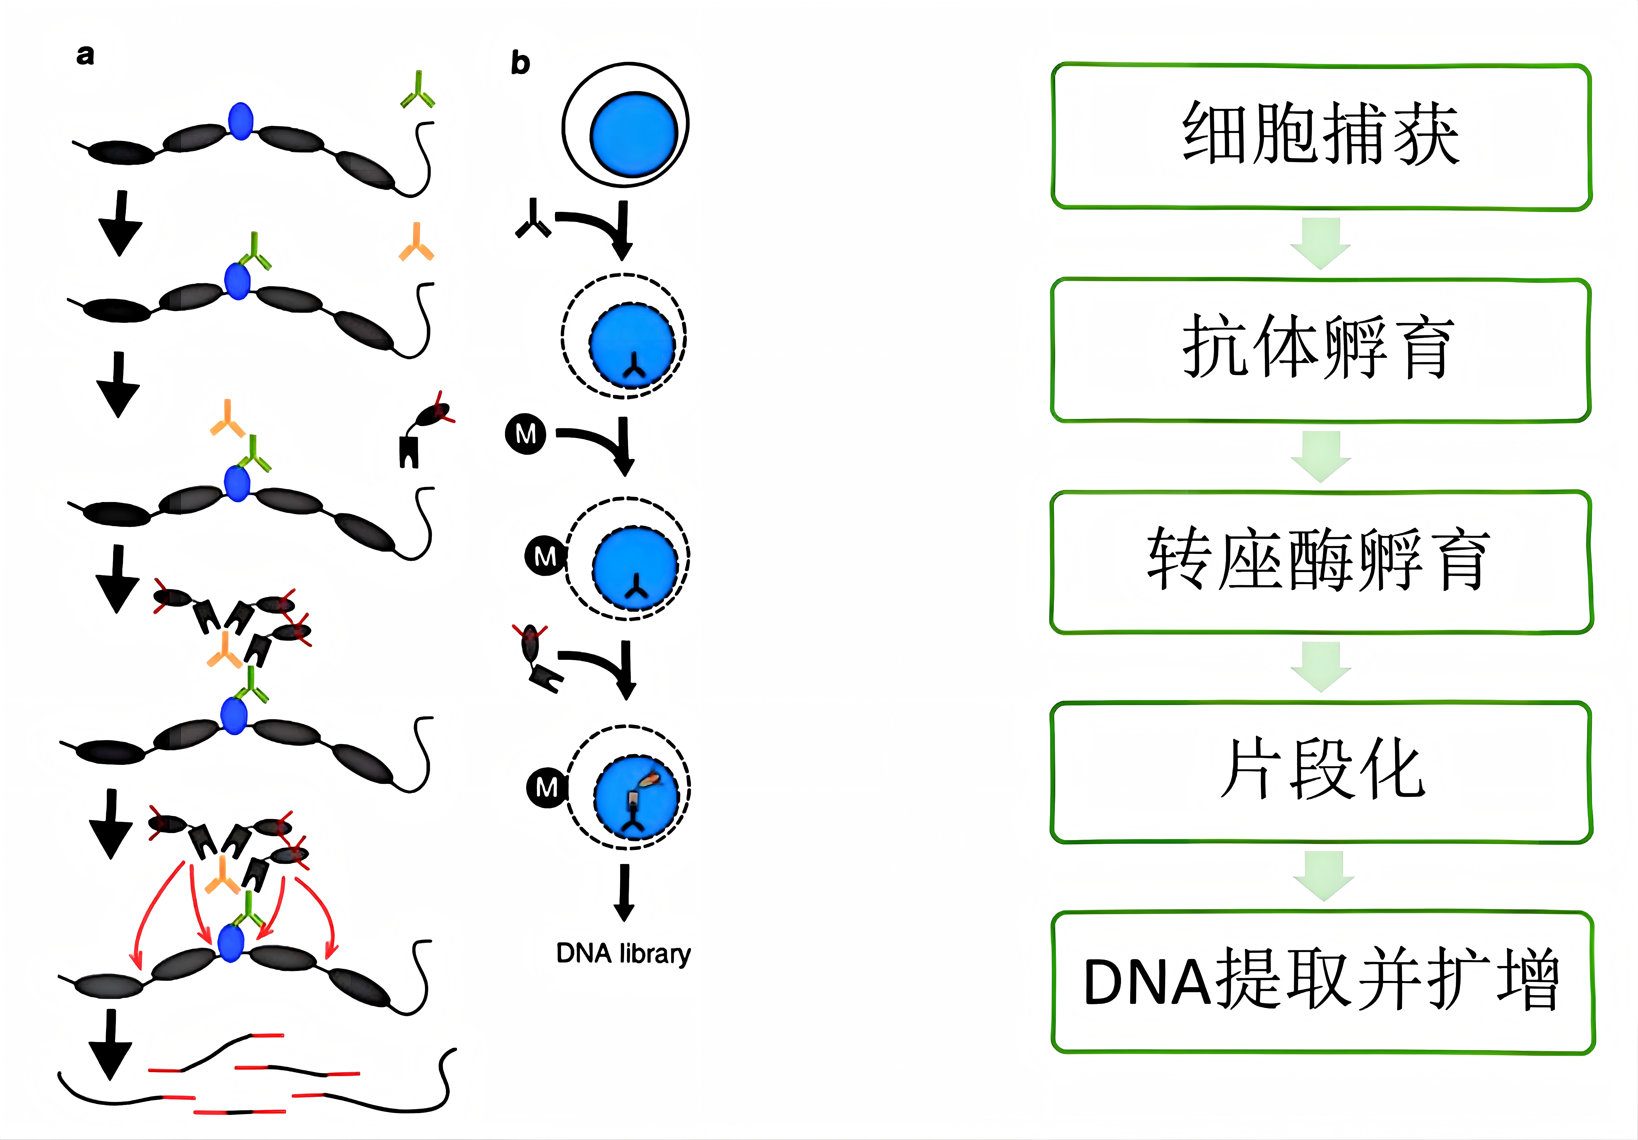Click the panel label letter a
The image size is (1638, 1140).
tap(85, 55)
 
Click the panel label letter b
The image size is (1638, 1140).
tap(520, 63)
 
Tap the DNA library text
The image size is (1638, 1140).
tap(623, 954)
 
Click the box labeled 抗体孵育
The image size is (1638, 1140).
tap(1320, 350)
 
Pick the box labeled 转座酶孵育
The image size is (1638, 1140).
tap(1320, 562)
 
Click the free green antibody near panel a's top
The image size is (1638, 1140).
tap(417, 91)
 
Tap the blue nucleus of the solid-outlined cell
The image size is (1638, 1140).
tap(633, 134)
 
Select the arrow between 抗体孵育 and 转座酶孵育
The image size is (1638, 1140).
tap(1320, 456)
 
